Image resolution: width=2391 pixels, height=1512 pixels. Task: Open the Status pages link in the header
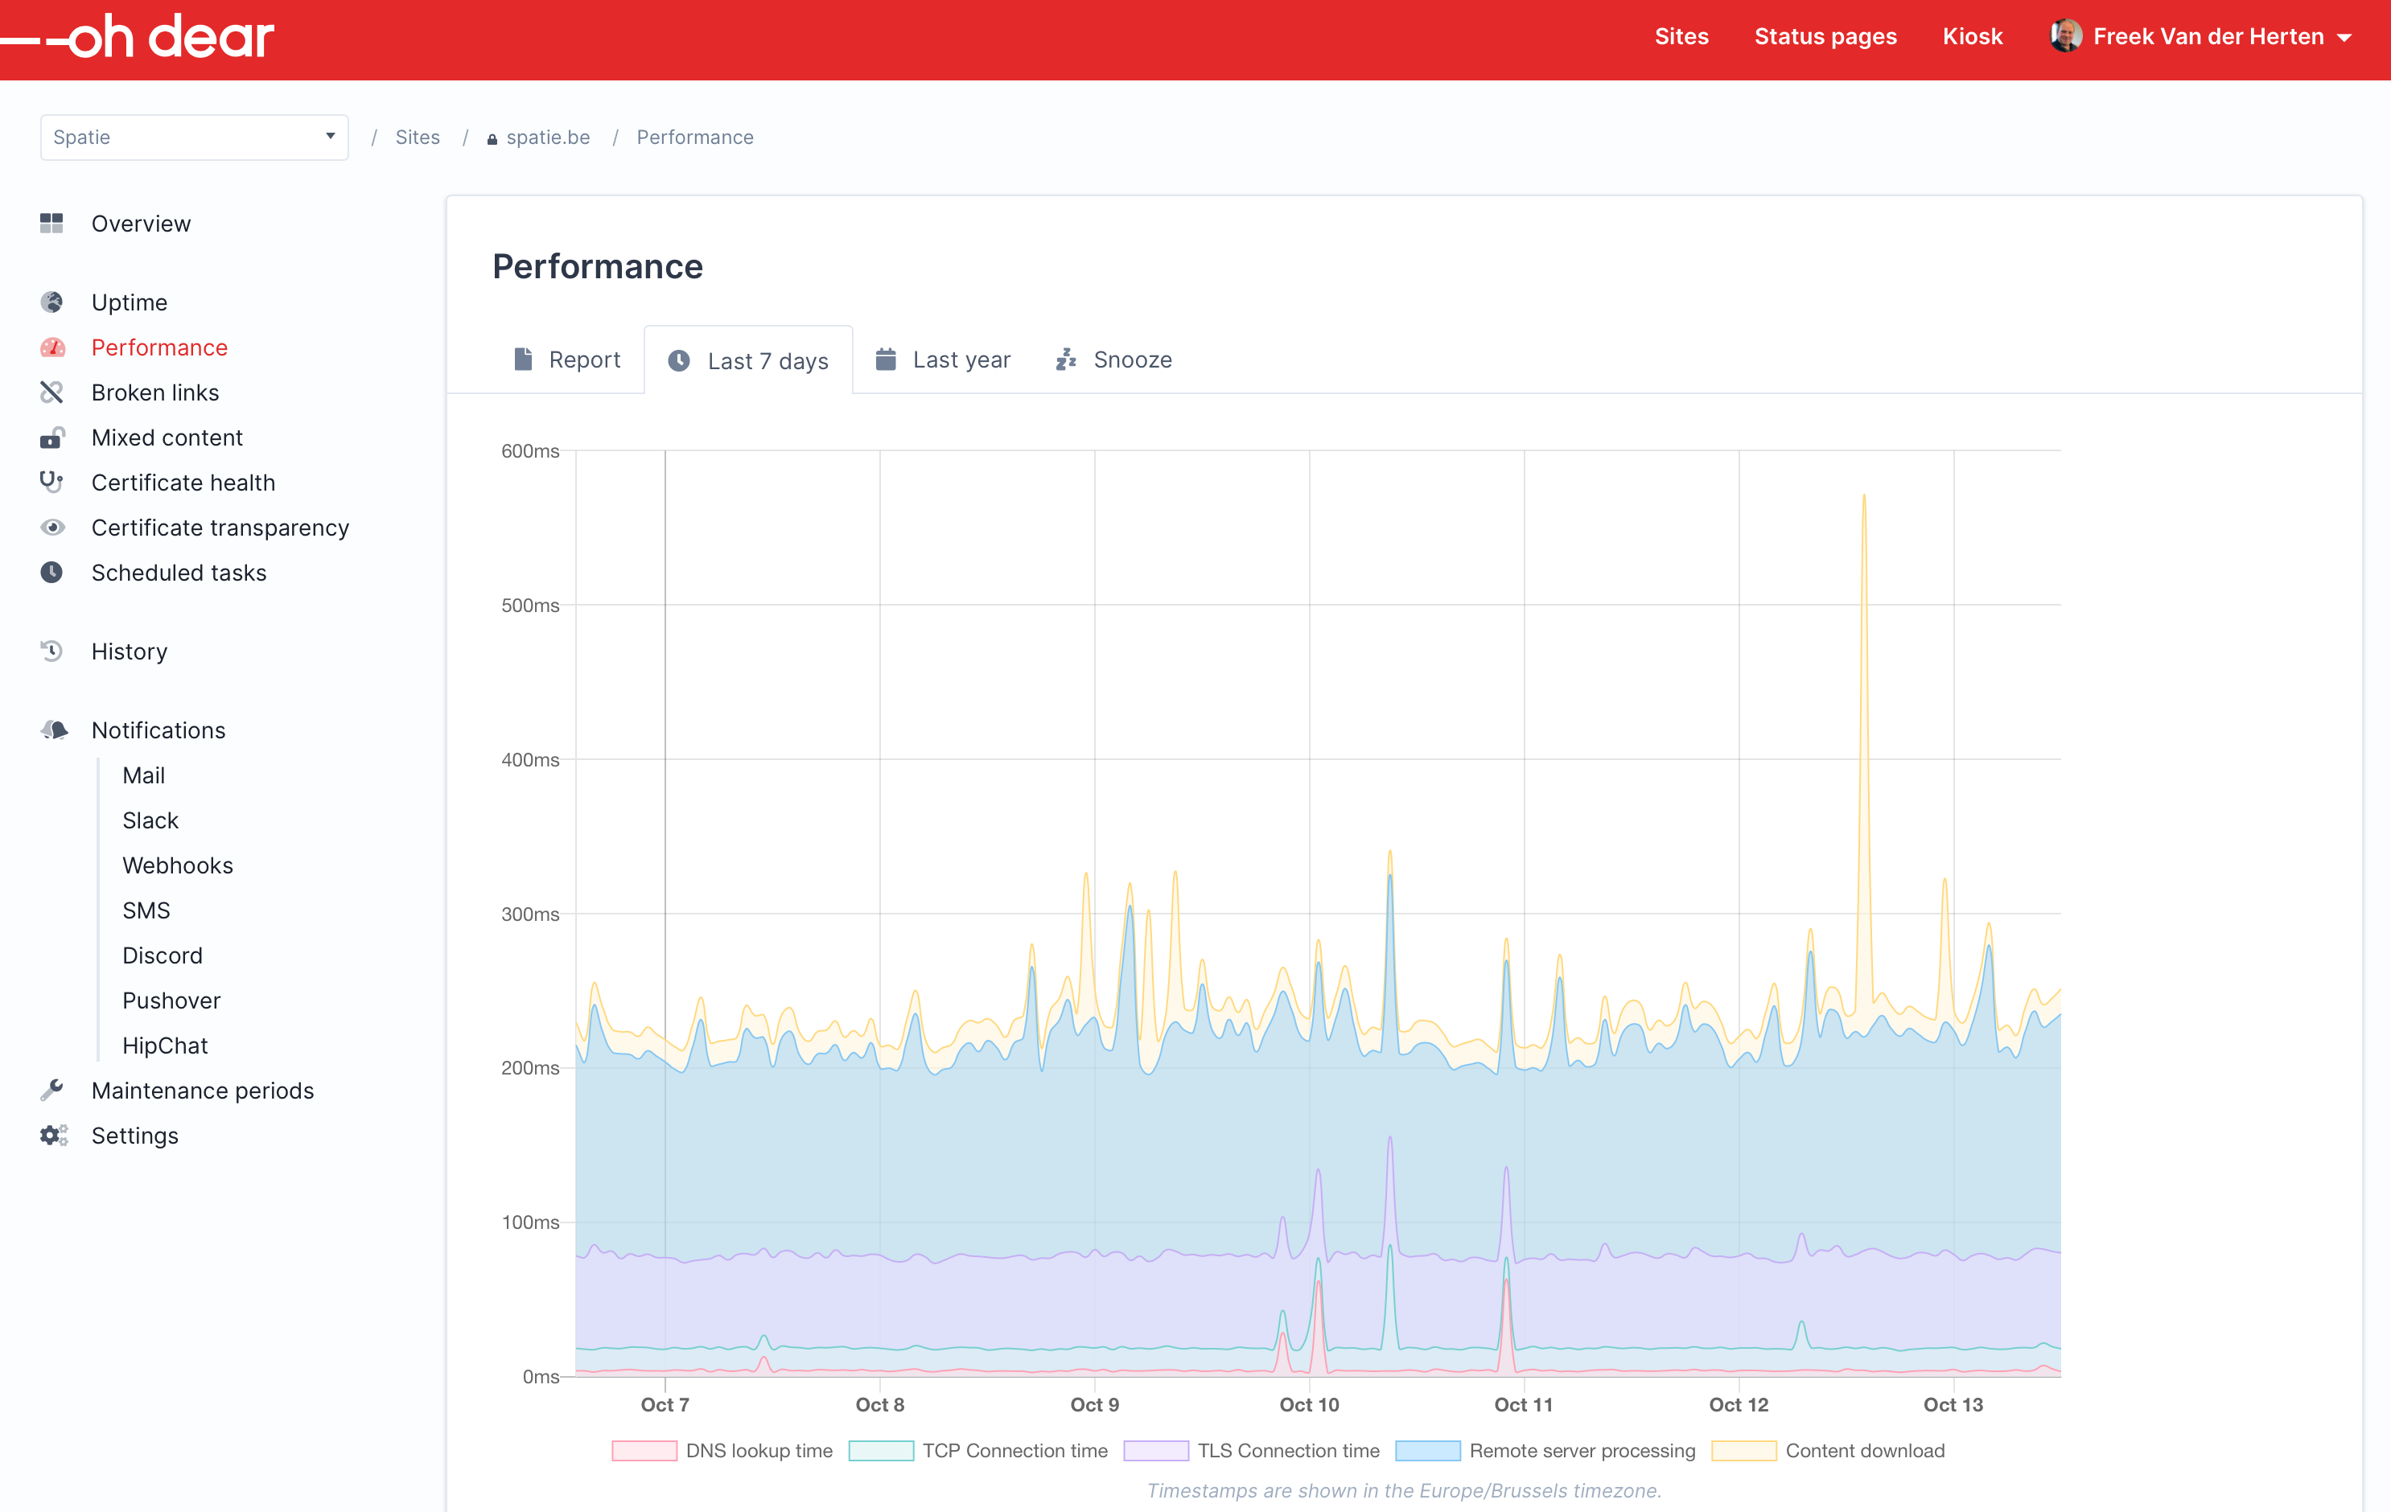coord(1825,37)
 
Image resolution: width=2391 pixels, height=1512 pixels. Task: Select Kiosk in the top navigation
coord(1972,37)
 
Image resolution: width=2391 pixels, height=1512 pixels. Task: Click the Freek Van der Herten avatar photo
coord(2065,35)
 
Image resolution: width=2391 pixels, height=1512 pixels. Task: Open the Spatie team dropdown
coord(194,137)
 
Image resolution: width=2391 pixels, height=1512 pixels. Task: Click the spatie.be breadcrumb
coord(548,137)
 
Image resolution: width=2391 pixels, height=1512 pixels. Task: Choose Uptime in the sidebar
coord(129,302)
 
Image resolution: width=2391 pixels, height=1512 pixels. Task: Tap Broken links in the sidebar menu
coord(155,392)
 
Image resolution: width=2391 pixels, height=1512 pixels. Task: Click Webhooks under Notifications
coord(178,865)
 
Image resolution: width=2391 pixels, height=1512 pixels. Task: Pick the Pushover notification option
coord(171,1000)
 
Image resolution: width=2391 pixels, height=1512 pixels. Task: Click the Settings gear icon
coord(54,1135)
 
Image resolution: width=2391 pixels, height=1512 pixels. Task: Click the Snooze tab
coord(1113,360)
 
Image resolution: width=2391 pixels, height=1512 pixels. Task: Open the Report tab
coord(567,360)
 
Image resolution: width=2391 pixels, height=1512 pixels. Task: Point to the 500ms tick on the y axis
coord(530,606)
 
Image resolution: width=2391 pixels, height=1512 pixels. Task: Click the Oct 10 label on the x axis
coord(1309,1405)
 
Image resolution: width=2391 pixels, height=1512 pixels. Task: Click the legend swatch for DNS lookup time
coord(644,1450)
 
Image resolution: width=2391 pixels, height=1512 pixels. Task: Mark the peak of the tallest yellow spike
coord(1864,495)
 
